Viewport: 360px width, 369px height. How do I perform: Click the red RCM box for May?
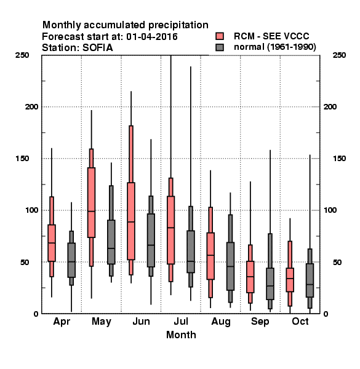point(91,202)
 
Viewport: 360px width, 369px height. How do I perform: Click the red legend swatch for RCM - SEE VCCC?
point(220,36)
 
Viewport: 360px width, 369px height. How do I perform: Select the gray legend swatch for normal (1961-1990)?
point(220,47)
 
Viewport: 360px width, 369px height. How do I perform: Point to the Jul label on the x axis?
point(181,321)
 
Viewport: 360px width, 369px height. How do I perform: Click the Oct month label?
point(300,321)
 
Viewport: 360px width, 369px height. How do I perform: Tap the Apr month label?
point(62,322)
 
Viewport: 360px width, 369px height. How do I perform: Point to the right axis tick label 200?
point(330,106)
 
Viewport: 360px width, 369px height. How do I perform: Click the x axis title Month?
point(181,335)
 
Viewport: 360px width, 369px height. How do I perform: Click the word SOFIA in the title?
point(97,48)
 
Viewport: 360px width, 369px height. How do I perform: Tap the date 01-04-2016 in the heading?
point(152,37)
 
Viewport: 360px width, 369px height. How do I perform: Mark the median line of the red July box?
point(170,228)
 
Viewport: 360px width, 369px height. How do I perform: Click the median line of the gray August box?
point(230,266)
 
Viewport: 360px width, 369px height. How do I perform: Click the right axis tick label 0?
point(326,314)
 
